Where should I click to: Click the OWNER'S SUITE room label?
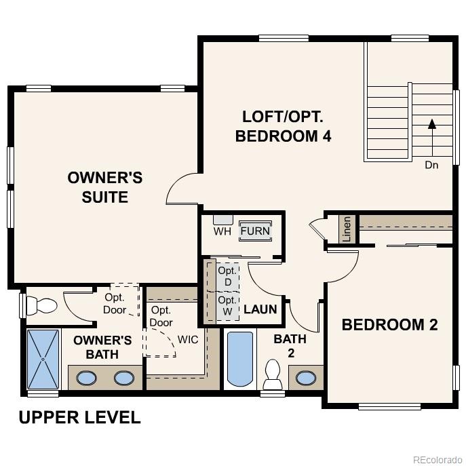tap(105, 188)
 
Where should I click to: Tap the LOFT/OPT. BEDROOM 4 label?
tap(283, 126)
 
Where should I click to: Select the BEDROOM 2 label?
tap(389, 324)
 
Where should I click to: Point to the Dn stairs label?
tap(431, 164)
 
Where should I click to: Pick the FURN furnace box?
tap(255, 231)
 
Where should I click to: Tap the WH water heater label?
tap(222, 231)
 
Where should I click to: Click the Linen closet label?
tap(347, 229)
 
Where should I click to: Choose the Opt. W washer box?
tap(227, 305)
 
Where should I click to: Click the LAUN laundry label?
tap(260, 309)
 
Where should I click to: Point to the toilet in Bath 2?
tap(273, 374)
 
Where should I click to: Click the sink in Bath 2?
tap(305, 377)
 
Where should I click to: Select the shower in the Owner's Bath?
tap(43, 360)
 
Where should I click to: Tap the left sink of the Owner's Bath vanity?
tap(86, 378)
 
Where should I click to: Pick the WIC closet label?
tap(188, 339)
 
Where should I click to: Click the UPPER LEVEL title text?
tap(79, 417)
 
